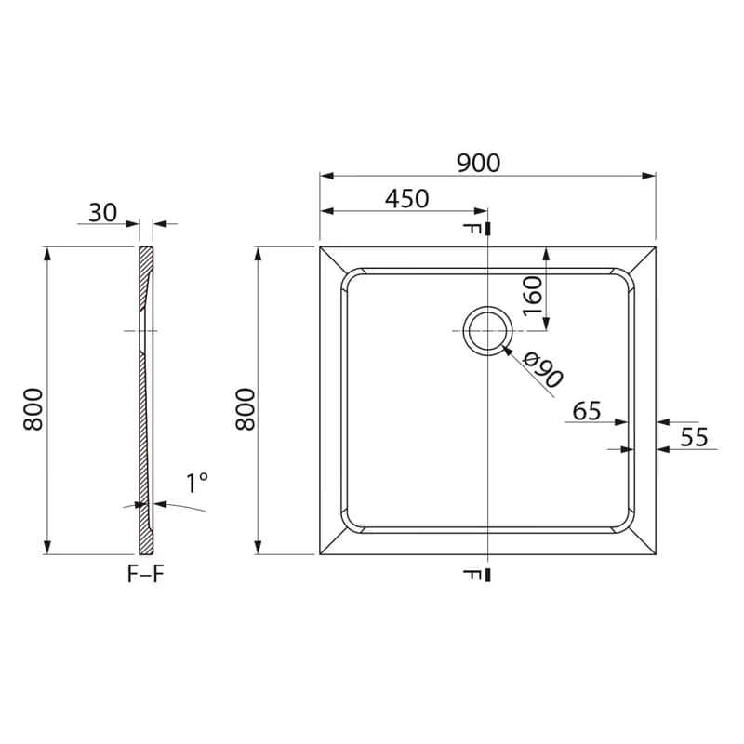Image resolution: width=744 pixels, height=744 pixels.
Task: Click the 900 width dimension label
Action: tap(478, 163)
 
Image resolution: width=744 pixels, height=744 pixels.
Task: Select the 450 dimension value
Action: tap(407, 199)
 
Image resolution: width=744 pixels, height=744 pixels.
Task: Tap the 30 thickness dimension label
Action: tap(102, 213)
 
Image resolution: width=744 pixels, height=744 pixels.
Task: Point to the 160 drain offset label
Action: tap(532, 296)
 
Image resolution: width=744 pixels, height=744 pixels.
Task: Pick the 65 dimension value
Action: tap(587, 411)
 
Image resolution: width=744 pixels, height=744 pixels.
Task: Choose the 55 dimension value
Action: tap(694, 437)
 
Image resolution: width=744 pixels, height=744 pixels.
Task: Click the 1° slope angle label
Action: tap(197, 483)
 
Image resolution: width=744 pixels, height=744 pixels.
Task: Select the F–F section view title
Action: tap(146, 574)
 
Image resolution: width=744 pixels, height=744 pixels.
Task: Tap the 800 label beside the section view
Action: tap(33, 409)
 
